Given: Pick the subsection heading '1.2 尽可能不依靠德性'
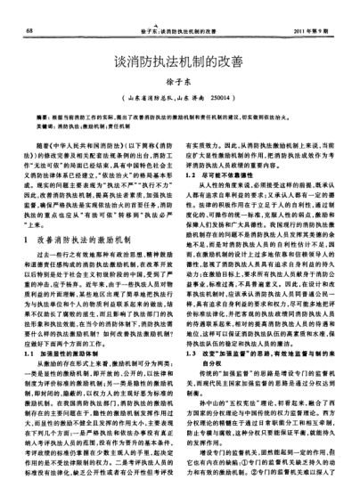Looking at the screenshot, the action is [225, 179].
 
